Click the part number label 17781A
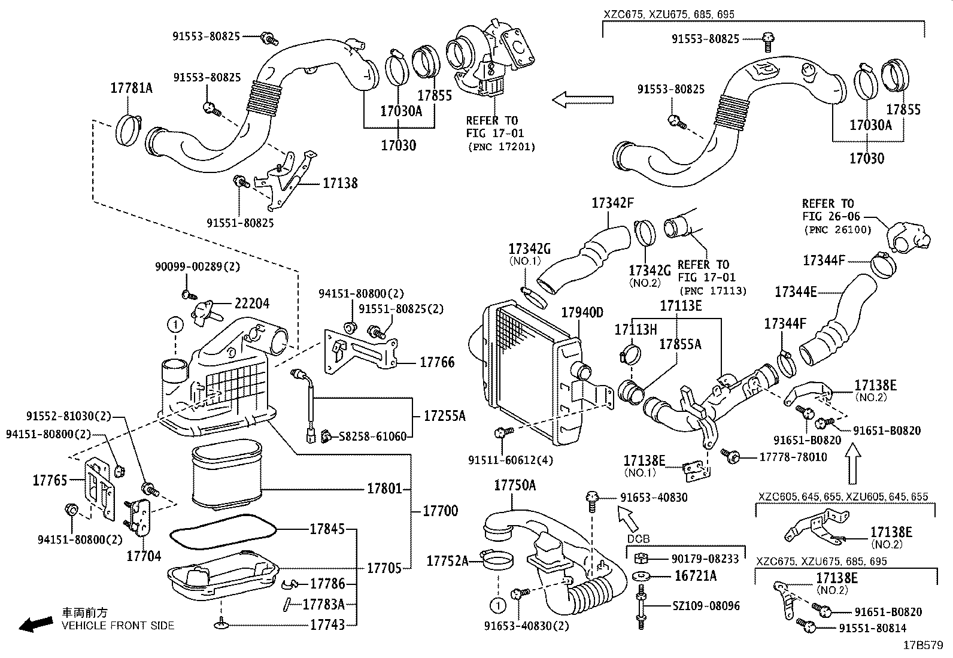pyautogui.click(x=131, y=89)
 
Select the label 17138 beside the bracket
pyautogui.click(x=340, y=183)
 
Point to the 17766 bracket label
pyautogui.click(x=437, y=362)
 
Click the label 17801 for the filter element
pyautogui.click(x=384, y=489)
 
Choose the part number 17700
pyautogui.click(x=440, y=511)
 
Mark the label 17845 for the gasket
pyautogui.click(x=327, y=529)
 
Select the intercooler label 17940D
pyautogui.click(x=582, y=313)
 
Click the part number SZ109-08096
pyautogui.click(x=706, y=606)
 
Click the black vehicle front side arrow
pyautogui.click(x=35, y=625)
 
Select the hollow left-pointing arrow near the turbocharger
pyautogui.click(x=582, y=99)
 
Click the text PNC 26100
pyautogui.click(x=836, y=229)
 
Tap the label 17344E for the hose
pyautogui.click(x=796, y=292)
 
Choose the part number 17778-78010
pyautogui.click(x=793, y=457)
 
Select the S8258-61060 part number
pyautogui.click(x=372, y=436)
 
